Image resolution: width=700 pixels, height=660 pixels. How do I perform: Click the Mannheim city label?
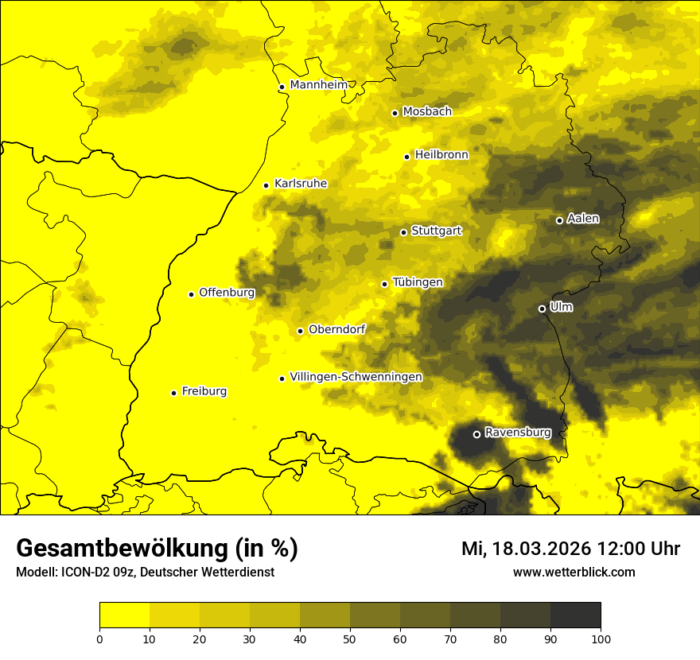317,85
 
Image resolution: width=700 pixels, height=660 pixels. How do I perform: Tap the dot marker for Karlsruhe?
266,185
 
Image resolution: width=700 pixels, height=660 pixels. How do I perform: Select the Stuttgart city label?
436,231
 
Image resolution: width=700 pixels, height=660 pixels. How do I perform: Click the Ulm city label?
561,307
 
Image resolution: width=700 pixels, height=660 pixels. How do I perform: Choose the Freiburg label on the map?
204,391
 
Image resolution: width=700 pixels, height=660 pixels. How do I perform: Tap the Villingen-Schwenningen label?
356,377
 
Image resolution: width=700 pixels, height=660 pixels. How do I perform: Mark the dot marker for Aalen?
560,220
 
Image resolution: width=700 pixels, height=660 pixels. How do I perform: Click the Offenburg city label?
227,293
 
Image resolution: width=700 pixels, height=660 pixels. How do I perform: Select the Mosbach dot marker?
395,113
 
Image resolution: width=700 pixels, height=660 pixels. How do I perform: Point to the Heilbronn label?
441,155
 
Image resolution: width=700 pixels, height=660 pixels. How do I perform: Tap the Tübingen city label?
418,282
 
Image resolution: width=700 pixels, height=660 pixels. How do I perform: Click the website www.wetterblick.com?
574,572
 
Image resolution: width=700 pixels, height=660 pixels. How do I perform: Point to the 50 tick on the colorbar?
350,638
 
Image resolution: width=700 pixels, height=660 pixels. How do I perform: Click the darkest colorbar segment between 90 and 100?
575,615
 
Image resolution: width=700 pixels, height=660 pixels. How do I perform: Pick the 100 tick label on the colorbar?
601,638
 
